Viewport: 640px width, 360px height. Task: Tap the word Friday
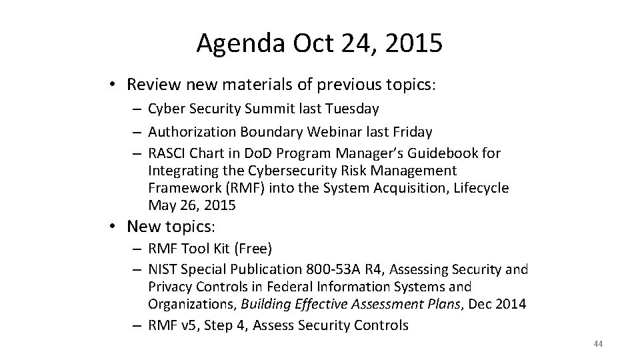412,132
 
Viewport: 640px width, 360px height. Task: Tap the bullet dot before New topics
115,227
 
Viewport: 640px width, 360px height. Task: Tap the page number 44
597,344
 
